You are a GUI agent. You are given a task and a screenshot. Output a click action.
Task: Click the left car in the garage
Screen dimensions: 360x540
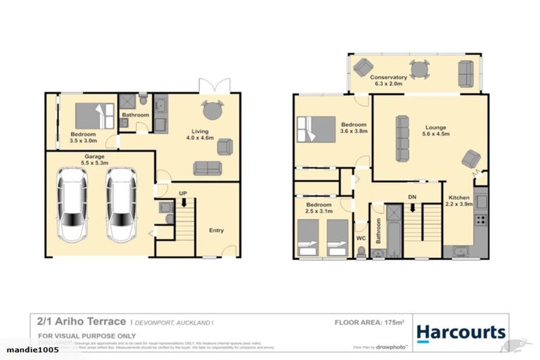coord(72,205)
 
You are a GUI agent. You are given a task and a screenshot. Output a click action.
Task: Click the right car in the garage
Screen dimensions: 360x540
coord(120,205)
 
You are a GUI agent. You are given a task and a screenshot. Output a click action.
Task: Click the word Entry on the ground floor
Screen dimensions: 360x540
coord(217,230)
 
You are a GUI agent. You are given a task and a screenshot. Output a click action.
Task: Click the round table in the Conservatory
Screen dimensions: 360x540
coord(419,69)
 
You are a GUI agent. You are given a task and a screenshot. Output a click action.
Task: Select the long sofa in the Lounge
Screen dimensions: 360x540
coord(403,139)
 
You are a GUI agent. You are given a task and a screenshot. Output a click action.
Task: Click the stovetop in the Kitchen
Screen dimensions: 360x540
coord(482,220)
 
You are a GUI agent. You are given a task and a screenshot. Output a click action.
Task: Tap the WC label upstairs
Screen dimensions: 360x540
coord(361,238)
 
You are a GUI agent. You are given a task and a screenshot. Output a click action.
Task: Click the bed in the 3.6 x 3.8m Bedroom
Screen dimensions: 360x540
coord(316,129)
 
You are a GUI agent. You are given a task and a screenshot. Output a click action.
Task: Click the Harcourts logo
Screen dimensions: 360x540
coord(461,332)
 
